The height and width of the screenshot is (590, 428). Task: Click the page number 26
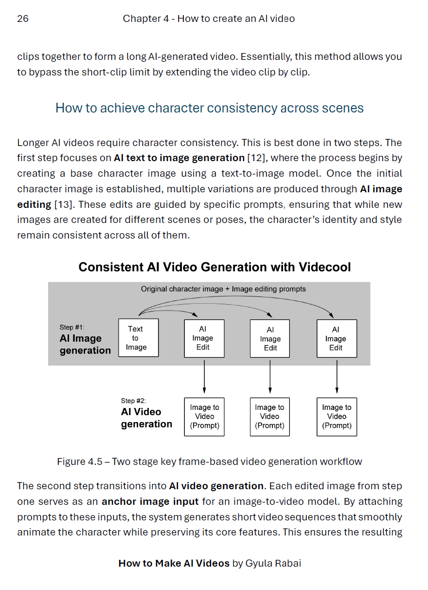pos(23,19)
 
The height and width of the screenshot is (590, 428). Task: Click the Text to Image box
pos(138,338)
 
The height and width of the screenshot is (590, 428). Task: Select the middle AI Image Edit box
pos(270,339)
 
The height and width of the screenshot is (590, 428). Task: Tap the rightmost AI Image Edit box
pos(337,339)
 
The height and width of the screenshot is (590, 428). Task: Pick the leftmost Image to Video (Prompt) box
pos(204,417)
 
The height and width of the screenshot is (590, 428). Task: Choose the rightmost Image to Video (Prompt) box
pos(337,417)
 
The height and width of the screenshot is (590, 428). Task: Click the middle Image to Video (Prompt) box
pos(270,417)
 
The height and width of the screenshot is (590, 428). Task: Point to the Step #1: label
pos(71,328)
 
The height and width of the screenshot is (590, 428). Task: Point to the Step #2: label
pos(133,401)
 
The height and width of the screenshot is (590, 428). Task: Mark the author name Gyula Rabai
pos(273,564)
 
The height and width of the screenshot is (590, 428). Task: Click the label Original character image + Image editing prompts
pos(223,289)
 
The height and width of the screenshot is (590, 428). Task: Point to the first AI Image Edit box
pos(204,339)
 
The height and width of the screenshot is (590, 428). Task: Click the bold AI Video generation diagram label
pos(146,418)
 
